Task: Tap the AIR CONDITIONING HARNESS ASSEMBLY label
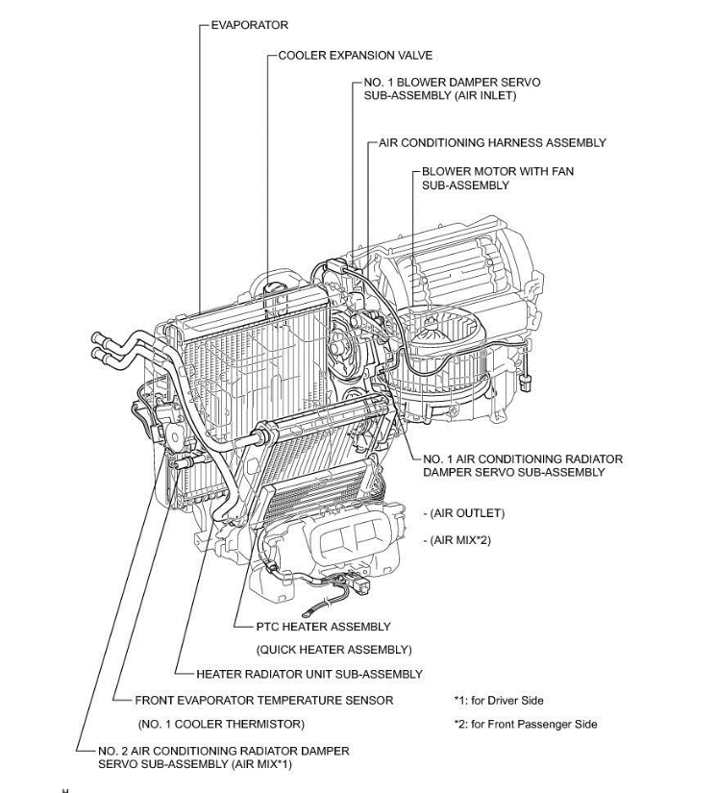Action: [x=492, y=142]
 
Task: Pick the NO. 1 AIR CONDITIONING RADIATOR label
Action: [x=522, y=458]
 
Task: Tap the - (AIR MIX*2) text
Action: [x=457, y=541]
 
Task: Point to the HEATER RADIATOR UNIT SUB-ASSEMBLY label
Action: [x=309, y=674]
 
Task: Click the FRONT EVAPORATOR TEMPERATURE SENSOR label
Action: [x=263, y=701]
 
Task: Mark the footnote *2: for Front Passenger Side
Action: [x=525, y=724]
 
